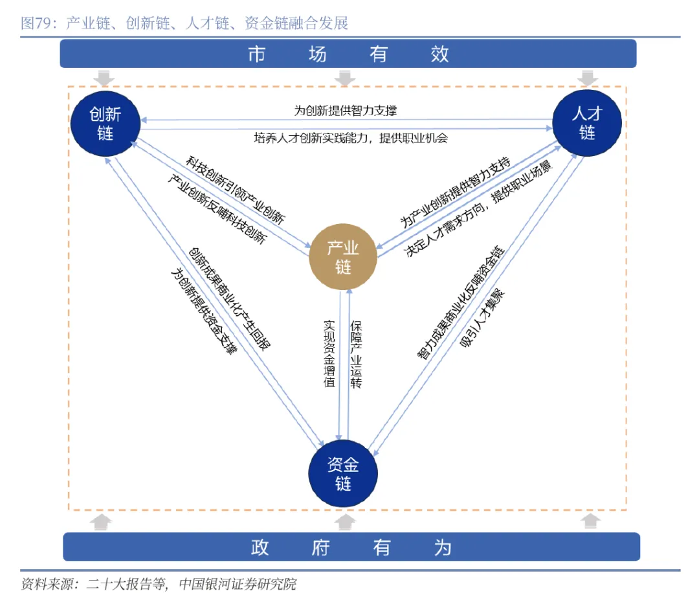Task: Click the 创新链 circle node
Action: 105,124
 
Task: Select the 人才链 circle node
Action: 586,124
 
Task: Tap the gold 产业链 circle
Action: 343,256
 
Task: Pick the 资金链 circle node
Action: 343,474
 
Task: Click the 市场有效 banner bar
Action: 348,54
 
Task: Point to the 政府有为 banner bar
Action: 351,547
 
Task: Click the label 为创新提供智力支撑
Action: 346,111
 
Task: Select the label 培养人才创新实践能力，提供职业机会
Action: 350,138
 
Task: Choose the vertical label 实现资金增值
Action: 329,353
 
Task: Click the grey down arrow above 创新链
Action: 104,78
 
